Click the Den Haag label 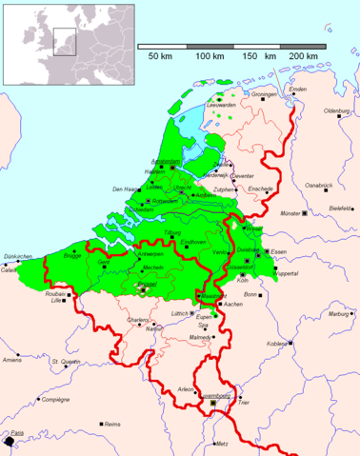126,189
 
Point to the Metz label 223,444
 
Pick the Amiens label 12,360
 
